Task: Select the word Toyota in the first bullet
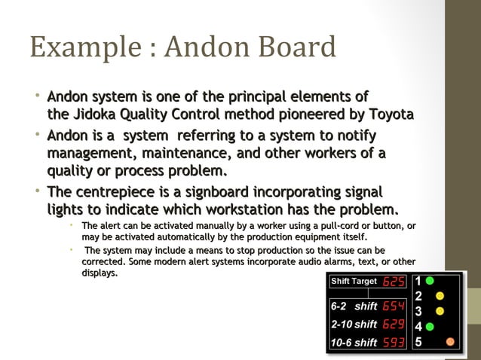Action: point(391,114)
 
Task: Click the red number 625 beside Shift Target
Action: point(394,282)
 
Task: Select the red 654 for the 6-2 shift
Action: point(394,307)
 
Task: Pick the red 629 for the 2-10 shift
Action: point(394,325)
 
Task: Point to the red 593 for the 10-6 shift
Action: point(394,343)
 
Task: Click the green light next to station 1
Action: point(429,281)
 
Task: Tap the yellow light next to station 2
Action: point(440,296)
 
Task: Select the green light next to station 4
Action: point(429,327)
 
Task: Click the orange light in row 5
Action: point(451,342)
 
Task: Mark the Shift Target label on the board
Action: point(355,282)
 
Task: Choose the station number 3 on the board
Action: point(418,311)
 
